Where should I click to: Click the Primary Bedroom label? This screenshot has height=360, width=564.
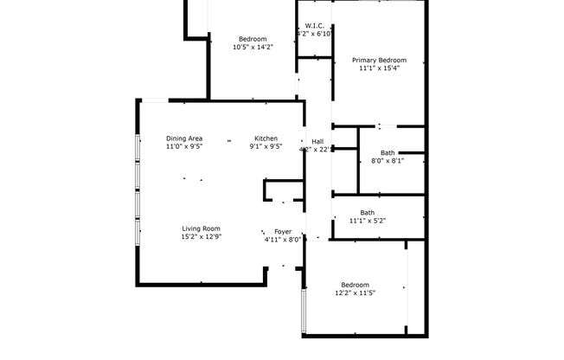coord(379,61)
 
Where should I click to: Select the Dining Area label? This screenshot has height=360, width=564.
coord(184,138)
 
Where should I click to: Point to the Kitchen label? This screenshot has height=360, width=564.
coord(266,138)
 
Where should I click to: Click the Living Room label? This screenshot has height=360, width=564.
coord(202,228)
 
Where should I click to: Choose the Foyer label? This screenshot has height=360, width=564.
coord(283,232)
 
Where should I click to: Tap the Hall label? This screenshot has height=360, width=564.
coord(317,141)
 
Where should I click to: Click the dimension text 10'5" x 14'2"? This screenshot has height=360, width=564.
coord(253,48)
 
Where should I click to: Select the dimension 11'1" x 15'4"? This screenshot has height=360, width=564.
coord(379,69)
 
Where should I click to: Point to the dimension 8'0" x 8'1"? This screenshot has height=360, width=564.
coord(388,161)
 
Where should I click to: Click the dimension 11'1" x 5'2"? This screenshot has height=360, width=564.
coord(368,221)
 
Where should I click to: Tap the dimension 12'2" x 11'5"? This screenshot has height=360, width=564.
coord(355,293)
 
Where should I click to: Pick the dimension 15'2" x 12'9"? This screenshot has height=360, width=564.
coord(202,237)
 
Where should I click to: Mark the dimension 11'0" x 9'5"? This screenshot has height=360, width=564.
coord(184,147)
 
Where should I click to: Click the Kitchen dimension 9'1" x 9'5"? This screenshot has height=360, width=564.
coord(266,147)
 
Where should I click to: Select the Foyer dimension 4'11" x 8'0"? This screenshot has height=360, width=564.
coord(283,241)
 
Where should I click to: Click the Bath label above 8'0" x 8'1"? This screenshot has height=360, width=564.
coord(388,152)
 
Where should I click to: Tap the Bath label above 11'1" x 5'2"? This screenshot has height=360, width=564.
coord(368,212)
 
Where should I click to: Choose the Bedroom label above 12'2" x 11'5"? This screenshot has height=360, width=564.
coord(355,285)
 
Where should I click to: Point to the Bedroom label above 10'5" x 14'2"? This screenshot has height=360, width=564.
coord(253,39)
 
